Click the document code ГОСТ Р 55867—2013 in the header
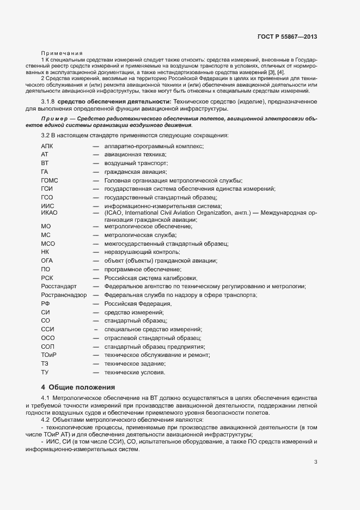(287, 37)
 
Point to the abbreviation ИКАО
(50, 212)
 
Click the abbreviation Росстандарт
(59, 286)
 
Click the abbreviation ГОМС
(50, 180)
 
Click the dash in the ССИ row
(96, 329)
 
